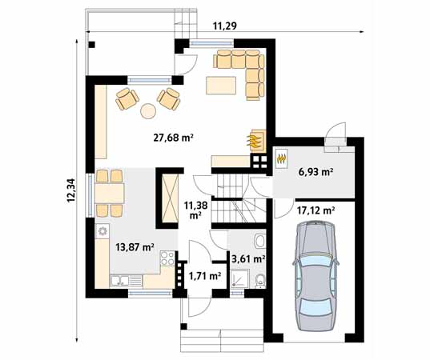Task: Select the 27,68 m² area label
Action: pos(173,138)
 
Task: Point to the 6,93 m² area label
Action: pos(315,171)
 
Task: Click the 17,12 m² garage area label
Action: pos(315,210)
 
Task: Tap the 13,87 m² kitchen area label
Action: pos(134,248)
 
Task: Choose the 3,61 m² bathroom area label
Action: pos(247,258)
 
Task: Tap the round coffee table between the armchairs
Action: pos(149,110)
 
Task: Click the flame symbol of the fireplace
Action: pos(255,141)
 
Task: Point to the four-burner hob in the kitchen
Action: pos(167,258)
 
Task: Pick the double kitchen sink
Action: pos(121,279)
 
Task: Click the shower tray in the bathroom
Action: pos(239,278)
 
